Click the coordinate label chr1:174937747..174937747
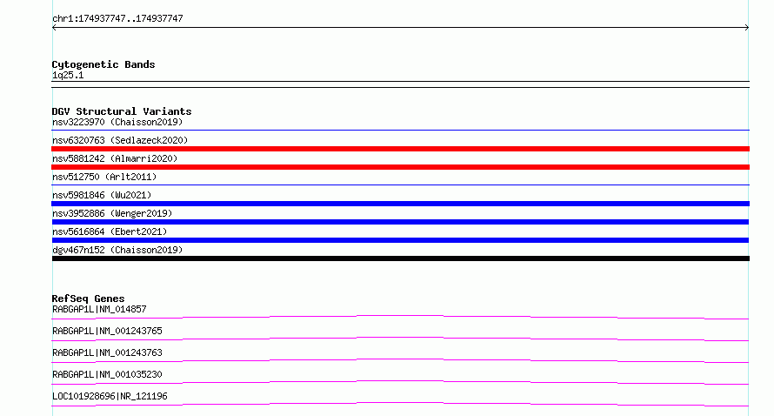click(117, 19)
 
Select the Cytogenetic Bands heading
click(103, 64)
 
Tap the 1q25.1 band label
click(68, 75)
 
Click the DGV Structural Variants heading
click(122, 111)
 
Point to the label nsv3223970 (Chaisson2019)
click(117, 122)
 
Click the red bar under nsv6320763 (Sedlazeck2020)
click(400, 149)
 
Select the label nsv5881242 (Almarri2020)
click(115, 158)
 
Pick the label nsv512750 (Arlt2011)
click(104, 177)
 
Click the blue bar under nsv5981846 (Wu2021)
click(400, 204)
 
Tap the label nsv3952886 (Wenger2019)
click(112, 213)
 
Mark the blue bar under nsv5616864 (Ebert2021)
click(400, 240)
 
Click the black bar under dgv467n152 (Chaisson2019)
click(400, 258)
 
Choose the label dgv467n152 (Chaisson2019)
click(117, 250)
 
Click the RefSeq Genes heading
click(88, 299)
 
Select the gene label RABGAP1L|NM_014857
click(99, 309)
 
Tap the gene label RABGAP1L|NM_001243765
click(107, 331)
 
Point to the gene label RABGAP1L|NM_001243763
click(107, 352)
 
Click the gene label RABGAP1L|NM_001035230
click(107, 374)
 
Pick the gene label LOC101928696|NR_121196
click(110, 396)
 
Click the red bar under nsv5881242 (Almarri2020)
click(400, 167)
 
